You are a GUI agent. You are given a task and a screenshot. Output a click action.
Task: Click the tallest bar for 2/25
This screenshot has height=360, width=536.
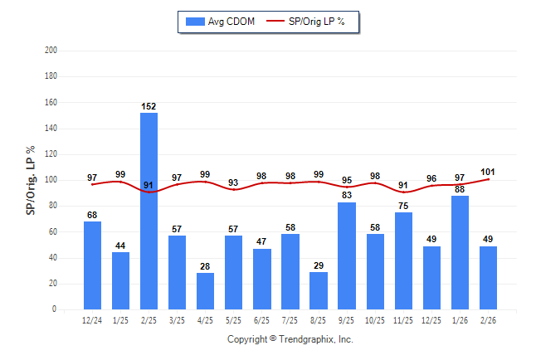pyautogui.click(x=149, y=211)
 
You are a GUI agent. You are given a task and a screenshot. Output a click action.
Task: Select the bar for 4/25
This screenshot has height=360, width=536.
pyautogui.click(x=206, y=291)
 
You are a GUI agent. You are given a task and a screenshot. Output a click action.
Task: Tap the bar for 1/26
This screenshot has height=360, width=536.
pyautogui.click(x=460, y=252)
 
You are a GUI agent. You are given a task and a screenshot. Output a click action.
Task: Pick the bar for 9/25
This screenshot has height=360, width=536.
pyautogui.click(x=347, y=255)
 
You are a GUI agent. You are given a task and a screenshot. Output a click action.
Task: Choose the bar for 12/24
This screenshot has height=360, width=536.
pyautogui.click(x=93, y=265)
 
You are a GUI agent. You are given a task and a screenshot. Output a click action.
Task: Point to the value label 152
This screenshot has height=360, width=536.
pyautogui.click(x=149, y=106)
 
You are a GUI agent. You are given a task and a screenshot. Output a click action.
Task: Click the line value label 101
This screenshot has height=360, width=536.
pyautogui.click(x=488, y=173)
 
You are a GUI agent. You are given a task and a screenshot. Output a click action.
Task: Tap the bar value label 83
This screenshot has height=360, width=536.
pyautogui.click(x=347, y=196)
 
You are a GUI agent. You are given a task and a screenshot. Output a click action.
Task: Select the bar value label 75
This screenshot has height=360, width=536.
pyautogui.click(x=403, y=206)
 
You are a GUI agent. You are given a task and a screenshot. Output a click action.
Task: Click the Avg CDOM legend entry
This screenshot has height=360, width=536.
pyautogui.click(x=221, y=21)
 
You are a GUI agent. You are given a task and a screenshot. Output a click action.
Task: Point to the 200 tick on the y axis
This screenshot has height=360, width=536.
pyautogui.click(x=51, y=51)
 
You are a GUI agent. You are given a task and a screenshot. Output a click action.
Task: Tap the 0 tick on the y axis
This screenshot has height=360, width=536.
pyautogui.click(x=54, y=309)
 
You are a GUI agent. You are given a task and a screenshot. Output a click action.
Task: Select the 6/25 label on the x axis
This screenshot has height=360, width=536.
pyautogui.click(x=262, y=320)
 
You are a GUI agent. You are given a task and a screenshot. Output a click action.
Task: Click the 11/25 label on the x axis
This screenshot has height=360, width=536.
pyautogui.click(x=403, y=320)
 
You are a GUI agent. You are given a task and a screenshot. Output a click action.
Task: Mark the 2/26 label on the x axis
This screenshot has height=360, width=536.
pyautogui.click(x=488, y=320)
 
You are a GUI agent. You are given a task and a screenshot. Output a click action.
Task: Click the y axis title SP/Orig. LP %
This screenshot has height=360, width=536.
pyautogui.click(x=32, y=180)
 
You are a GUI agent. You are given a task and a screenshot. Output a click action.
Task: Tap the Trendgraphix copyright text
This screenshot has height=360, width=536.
pyautogui.click(x=290, y=339)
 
